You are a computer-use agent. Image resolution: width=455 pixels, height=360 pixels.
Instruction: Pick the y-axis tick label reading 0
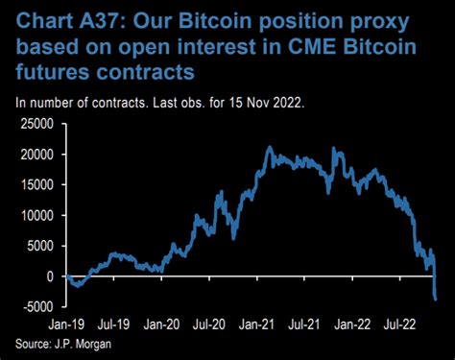coord(54,276)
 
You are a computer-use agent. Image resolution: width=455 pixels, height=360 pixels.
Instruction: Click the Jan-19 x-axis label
coord(70,325)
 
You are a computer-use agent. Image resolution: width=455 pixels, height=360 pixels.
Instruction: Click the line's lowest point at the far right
coord(436,300)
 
